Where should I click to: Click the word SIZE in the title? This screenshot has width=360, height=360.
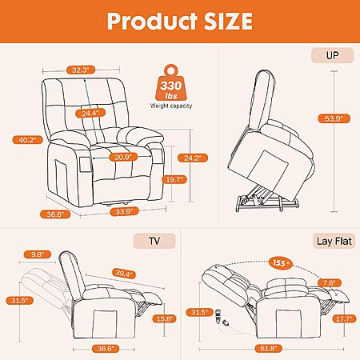click(228, 22)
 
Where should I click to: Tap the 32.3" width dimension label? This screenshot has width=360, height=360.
click(80, 70)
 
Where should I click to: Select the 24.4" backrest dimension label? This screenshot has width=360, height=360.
click(90, 113)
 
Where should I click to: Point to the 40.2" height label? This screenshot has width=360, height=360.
click(28, 140)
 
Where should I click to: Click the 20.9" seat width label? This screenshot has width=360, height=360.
click(123, 157)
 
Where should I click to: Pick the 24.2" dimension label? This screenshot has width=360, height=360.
click(193, 158)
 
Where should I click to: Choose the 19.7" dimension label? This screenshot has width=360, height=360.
click(174, 179)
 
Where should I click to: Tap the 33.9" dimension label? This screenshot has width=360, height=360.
click(124, 211)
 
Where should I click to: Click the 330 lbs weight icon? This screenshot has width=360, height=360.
click(171, 83)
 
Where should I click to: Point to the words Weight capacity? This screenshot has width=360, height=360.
click(171, 106)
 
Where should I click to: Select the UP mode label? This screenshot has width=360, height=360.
click(332, 55)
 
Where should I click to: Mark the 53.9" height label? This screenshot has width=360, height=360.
click(334, 118)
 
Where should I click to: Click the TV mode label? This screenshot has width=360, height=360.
click(154, 241)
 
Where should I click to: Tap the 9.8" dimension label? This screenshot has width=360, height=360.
click(38, 254)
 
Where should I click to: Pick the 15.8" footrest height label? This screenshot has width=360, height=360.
click(165, 318)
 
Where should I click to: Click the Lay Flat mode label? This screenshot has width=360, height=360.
click(334, 242)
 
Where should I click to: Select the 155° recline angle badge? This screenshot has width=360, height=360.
click(281, 263)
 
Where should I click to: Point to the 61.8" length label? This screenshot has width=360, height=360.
click(268, 348)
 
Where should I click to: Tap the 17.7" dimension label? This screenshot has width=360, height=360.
click(344, 318)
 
